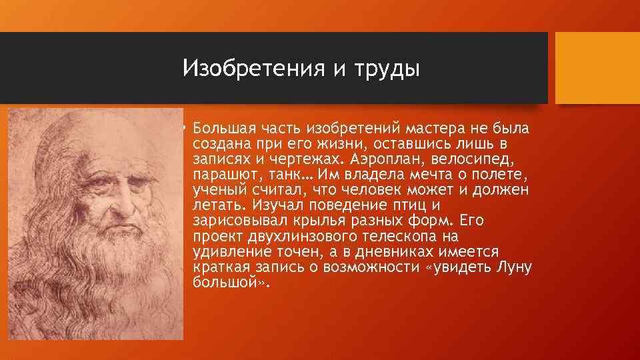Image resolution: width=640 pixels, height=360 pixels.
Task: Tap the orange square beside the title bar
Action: click(597, 68)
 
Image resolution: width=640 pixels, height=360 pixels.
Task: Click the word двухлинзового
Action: click(301, 237)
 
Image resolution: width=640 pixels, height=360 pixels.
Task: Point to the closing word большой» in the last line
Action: click(229, 283)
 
